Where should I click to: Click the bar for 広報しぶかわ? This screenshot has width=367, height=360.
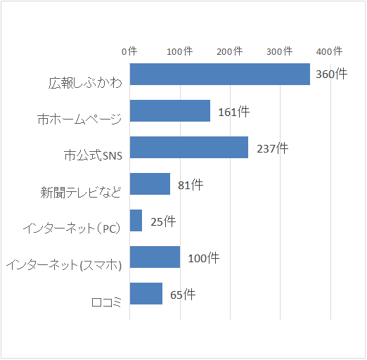(219, 74)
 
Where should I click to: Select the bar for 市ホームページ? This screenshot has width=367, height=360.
(169, 110)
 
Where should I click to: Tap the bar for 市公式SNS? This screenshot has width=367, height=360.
(188, 147)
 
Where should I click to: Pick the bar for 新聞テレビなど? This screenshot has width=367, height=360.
(150, 184)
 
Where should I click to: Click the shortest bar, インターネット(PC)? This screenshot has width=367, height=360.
(136, 220)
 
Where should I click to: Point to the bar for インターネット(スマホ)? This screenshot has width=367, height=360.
(155, 257)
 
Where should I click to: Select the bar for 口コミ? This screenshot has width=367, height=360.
(146, 293)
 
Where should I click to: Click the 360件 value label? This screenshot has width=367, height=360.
(331, 74)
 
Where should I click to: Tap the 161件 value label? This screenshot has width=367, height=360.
(233, 111)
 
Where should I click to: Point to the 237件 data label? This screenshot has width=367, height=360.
(272, 148)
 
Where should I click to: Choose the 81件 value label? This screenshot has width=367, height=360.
(190, 185)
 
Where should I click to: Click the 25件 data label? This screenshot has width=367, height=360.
(163, 221)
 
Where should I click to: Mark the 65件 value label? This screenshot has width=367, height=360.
(183, 295)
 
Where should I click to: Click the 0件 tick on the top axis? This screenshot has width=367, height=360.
(129, 51)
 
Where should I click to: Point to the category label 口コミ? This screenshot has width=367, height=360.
(107, 302)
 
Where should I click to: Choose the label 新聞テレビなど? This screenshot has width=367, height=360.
(81, 192)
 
